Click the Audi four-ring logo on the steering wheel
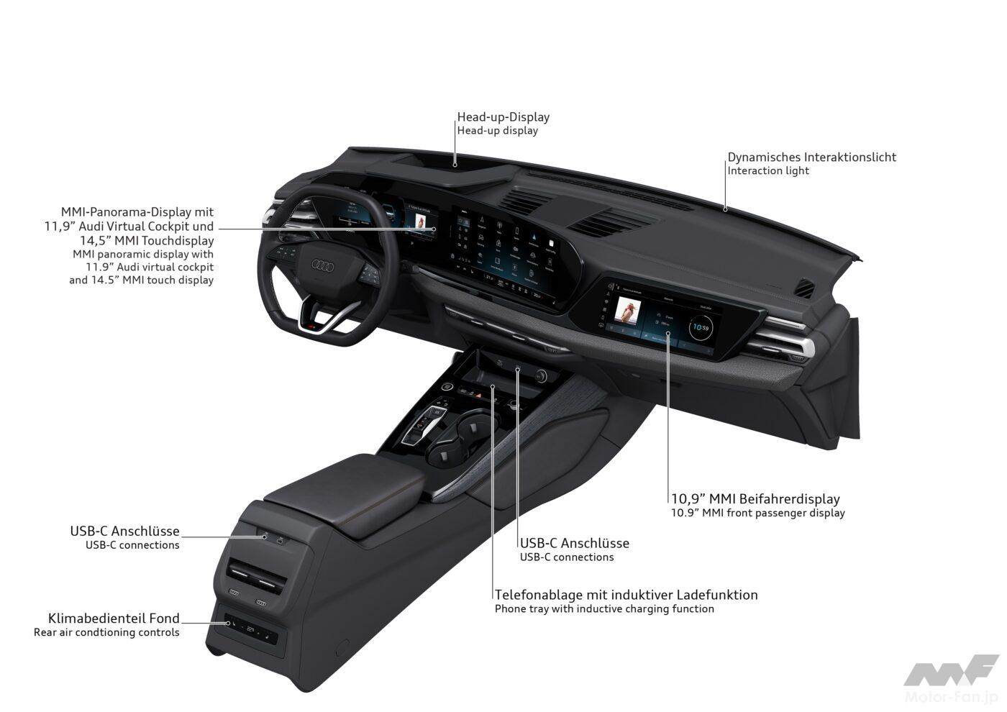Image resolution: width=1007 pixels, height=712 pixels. click(x=320, y=266)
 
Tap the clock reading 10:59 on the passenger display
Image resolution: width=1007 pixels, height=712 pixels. click(x=701, y=329)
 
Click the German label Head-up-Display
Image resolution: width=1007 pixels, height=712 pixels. click(x=503, y=117)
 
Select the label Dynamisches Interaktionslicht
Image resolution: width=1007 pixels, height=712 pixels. click(x=812, y=157)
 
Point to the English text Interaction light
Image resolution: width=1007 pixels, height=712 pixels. click(x=768, y=171)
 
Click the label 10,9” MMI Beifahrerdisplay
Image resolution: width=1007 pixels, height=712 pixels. click(x=755, y=498)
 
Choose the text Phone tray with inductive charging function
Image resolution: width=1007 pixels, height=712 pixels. click(x=604, y=609)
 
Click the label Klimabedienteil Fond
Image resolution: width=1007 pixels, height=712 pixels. click(x=114, y=619)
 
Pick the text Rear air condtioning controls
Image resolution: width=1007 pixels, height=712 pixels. click(x=106, y=633)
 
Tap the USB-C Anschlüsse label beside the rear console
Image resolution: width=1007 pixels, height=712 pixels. click(x=124, y=531)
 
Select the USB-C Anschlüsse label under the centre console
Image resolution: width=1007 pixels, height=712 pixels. click(x=575, y=543)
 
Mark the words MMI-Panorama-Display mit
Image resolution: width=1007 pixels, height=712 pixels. click(x=137, y=212)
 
